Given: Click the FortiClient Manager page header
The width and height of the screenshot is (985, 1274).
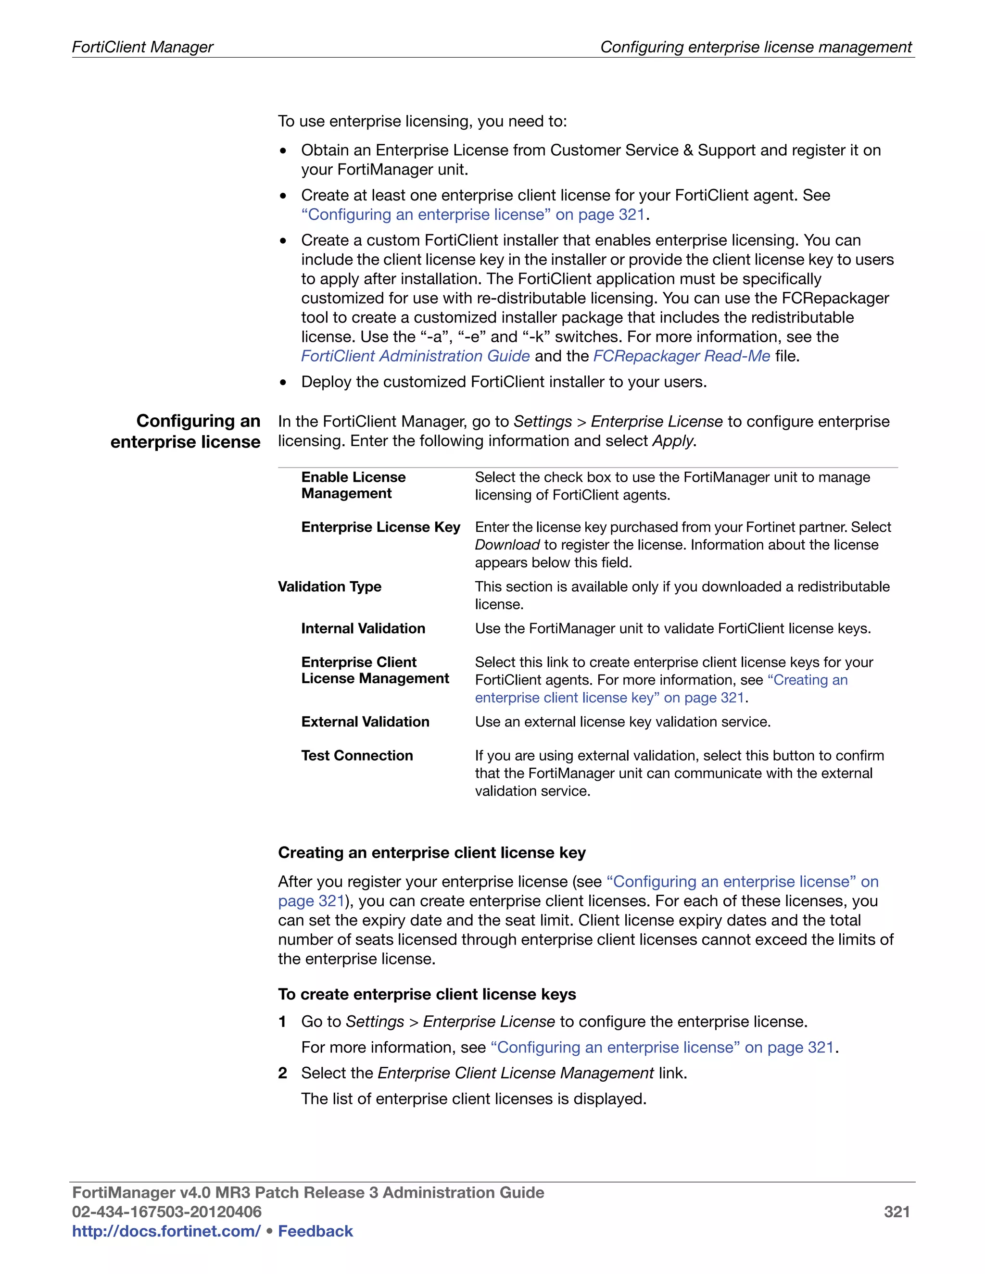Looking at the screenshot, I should tap(142, 47).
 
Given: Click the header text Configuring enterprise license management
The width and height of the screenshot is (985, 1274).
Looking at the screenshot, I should tap(756, 47).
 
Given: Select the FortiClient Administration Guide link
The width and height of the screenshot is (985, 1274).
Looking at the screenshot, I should tap(415, 356).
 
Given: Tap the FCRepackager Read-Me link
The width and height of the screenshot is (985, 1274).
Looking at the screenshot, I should tap(682, 356).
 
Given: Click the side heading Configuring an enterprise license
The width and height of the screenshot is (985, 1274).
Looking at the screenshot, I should tap(186, 431).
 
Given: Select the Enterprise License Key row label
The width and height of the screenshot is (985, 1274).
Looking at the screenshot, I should tap(380, 527).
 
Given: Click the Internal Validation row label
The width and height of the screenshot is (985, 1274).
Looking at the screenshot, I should tap(363, 628).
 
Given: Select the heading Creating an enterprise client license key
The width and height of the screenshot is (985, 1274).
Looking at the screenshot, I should tap(431, 852).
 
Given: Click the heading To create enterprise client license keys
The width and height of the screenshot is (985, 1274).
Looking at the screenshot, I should tap(427, 994).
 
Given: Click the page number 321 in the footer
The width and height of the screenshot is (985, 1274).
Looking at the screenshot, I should tap(897, 1212).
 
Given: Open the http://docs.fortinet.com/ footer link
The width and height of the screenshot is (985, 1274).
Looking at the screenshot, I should tap(166, 1231).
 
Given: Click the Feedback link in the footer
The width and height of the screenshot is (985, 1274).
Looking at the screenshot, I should tap(315, 1231).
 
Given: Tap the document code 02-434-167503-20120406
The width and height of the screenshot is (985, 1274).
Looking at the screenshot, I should tap(166, 1212).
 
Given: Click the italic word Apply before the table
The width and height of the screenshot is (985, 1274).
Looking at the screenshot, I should tap(673, 441).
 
